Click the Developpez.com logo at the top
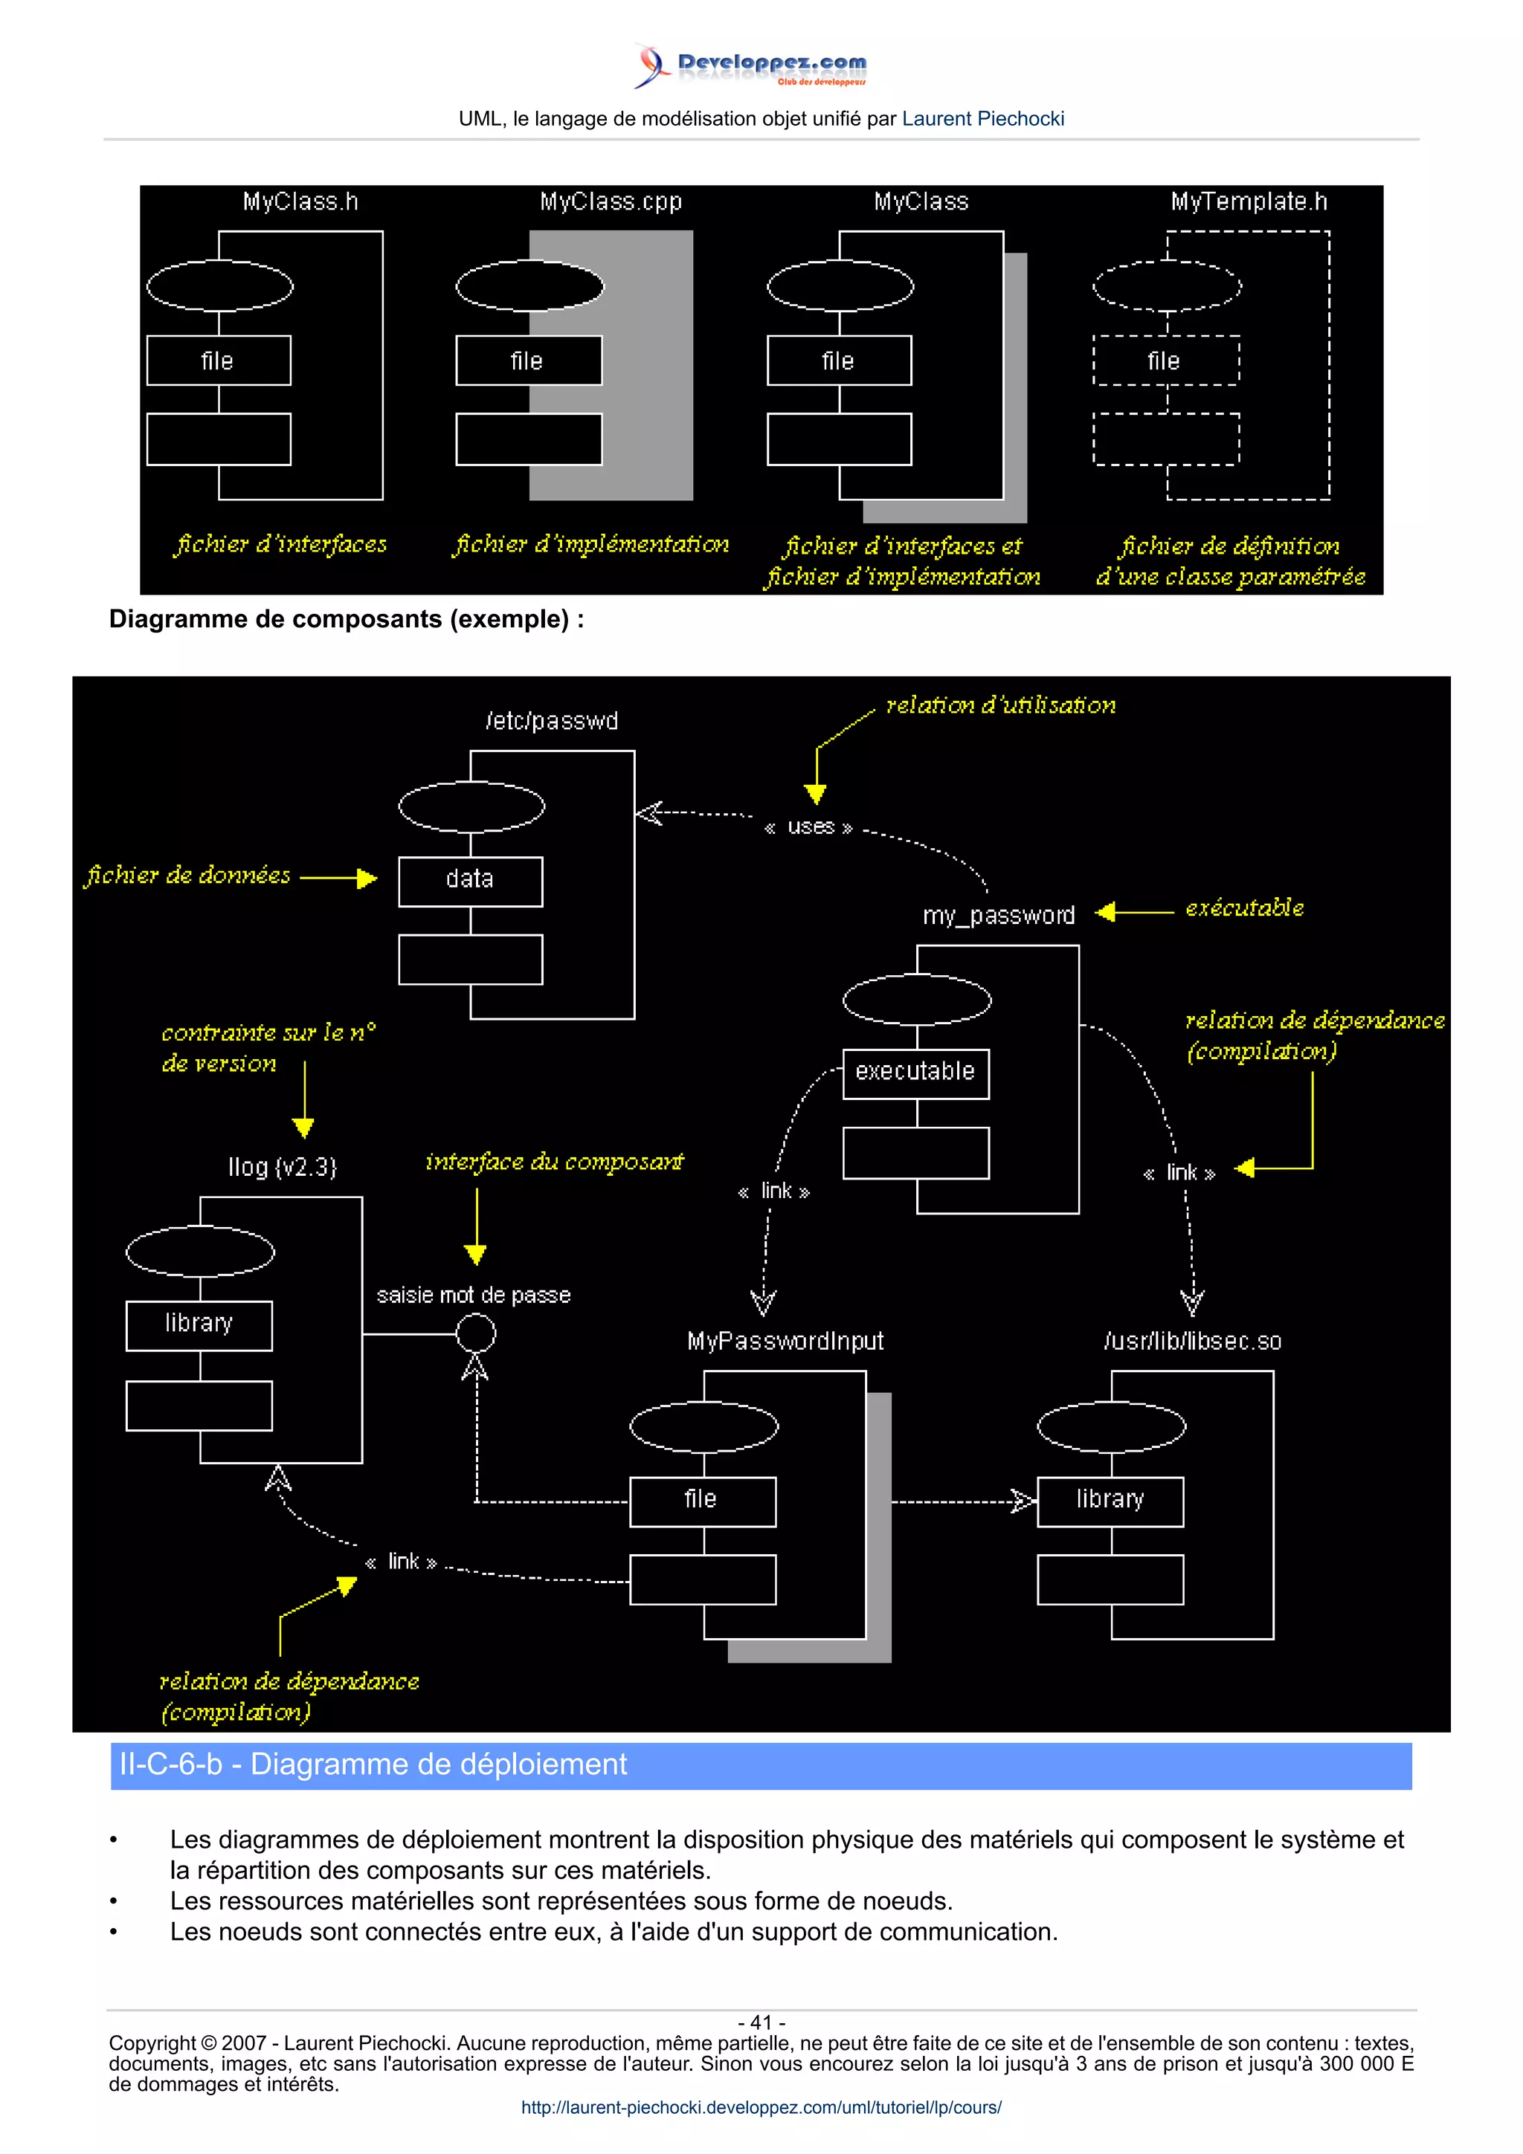point(750,65)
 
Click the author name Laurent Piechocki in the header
point(982,119)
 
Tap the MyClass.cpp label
point(610,201)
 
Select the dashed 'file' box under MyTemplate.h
point(1165,361)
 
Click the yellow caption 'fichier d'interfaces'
point(280,544)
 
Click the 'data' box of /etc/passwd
point(470,880)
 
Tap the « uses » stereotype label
point(809,827)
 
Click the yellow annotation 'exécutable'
point(1243,908)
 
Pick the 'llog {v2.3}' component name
point(282,1167)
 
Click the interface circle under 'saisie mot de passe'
point(476,1333)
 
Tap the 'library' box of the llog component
point(199,1324)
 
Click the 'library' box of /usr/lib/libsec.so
point(1110,1500)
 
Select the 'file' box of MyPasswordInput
point(702,1500)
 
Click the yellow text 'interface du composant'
point(553,1162)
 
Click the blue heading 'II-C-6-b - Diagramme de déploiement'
point(373,1765)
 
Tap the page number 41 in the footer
point(761,2022)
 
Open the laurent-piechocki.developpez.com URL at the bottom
point(761,2107)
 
